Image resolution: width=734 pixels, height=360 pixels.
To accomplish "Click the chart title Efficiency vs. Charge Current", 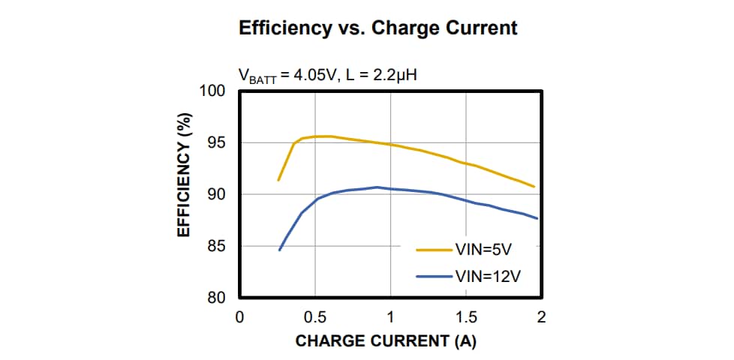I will (x=378, y=28).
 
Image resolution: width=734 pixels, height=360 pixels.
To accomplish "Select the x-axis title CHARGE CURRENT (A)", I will (x=386, y=341).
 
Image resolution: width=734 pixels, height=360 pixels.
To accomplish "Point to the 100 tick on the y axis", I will (x=213, y=91).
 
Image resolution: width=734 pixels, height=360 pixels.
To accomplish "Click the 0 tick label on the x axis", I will (x=239, y=317).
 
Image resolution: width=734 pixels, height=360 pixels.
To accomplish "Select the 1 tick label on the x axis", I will (x=390, y=317).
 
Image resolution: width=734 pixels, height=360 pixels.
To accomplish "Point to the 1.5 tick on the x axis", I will (x=466, y=317).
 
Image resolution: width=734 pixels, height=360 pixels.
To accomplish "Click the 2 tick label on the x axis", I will (x=541, y=317).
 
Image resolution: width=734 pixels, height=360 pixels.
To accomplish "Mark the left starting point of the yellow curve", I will (x=278, y=180).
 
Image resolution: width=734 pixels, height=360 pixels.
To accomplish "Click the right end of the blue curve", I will (x=537, y=218).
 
